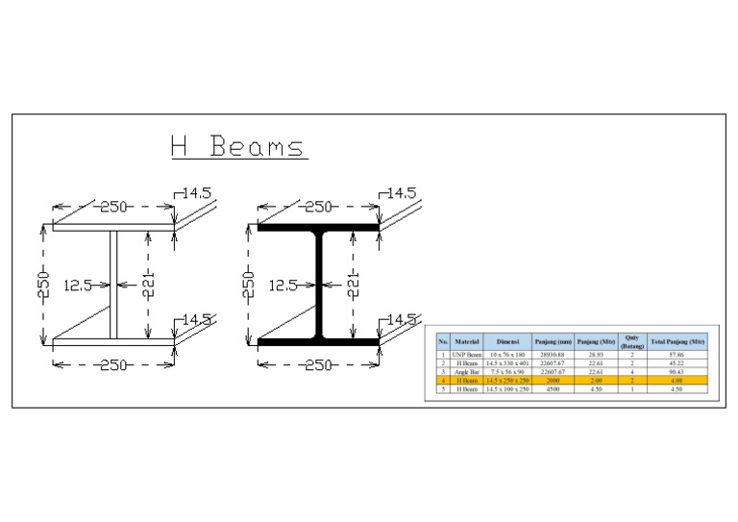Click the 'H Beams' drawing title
pos(236,147)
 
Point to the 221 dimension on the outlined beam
pos(149,285)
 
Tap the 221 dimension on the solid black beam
pos(354,285)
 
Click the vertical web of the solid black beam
pos(319,285)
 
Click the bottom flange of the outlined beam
pos(113,341)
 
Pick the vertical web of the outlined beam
pos(113,285)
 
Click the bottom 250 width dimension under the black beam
pos(318,364)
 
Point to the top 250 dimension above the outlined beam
pos(113,207)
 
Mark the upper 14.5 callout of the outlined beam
pos(197,193)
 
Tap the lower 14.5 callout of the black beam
pos(403,319)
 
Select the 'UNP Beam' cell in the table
pos(467,355)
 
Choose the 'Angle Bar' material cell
pos(467,372)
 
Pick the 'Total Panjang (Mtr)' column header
pos(677,341)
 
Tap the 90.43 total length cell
pos(677,372)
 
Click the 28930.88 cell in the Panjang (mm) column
pos(553,355)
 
